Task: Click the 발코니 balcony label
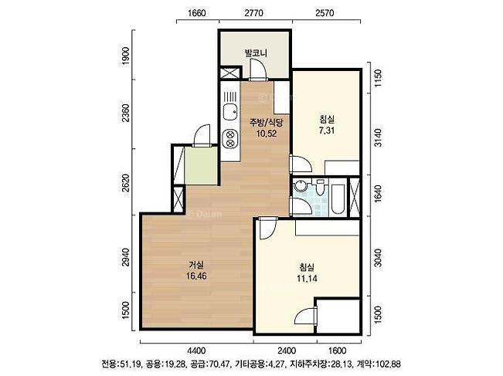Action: tap(256, 53)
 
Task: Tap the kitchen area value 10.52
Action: tap(267, 133)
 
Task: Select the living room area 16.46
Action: tap(196, 276)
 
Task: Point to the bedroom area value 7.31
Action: tap(327, 130)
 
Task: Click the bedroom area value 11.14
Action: tap(307, 279)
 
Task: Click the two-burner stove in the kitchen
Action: tap(230, 138)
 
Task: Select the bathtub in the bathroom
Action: tap(338, 198)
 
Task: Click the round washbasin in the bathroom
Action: tap(301, 185)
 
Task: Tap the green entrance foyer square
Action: tap(201, 166)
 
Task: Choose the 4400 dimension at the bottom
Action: tap(196, 351)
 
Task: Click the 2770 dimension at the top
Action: tap(253, 13)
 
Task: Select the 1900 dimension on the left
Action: tap(125, 56)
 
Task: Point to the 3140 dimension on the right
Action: tap(378, 137)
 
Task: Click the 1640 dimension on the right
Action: tap(378, 193)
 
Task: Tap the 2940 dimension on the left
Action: tap(125, 257)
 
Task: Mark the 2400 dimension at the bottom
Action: tap(286, 351)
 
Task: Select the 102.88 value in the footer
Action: tap(389, 364)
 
